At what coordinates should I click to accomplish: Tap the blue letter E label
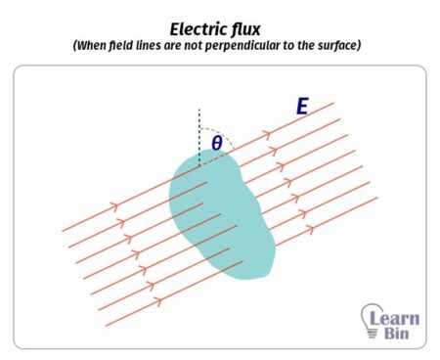(x=302, y=106)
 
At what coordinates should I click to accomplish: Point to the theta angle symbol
(x=216, y=144)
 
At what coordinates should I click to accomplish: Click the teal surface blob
(x=220, y=210)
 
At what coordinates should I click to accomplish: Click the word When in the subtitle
(x=97, y=46)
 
